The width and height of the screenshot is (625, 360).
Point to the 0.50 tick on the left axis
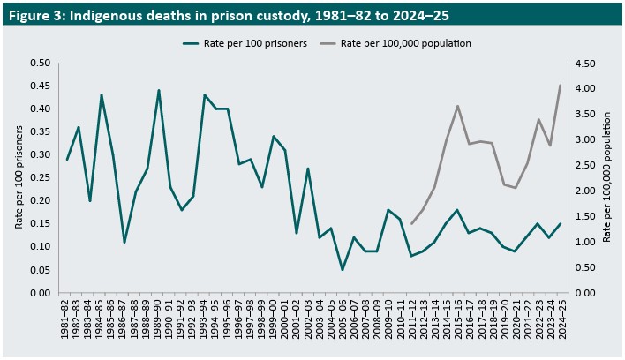pos(39,64)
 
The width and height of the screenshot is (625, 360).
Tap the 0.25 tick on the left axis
pos(39,177)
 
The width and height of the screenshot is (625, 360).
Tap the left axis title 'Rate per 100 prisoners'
pos(19,176)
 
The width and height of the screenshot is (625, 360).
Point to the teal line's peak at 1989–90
pos(159,90)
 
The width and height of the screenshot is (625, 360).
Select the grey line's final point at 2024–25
pos(560,85)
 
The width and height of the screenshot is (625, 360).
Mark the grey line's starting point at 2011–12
pos(411,223)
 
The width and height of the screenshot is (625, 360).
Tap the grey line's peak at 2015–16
pos(457,106)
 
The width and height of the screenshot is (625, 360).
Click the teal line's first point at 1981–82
pos(67,160)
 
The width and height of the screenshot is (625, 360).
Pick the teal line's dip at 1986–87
pos(124,242)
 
